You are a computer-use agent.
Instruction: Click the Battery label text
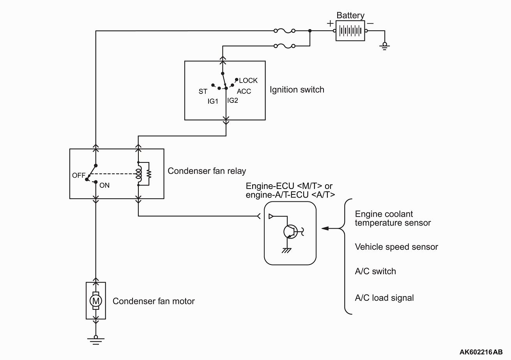click(350, 16)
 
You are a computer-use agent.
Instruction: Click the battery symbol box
click(350, 31)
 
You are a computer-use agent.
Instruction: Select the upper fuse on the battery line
click(285, 30)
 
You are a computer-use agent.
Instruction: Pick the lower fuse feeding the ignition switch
click(285, 46)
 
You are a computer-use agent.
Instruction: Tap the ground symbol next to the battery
click(385, 46)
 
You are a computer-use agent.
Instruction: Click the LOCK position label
click(248, 81)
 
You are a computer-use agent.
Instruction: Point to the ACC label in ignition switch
click(244, 92)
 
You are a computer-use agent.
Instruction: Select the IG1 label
click(213, 101)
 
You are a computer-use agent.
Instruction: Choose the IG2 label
click(233, 101)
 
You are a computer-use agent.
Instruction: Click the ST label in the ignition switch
click(203, 92)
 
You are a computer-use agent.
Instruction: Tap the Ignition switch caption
click(297, 90)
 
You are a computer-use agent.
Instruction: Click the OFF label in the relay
click(79, 175)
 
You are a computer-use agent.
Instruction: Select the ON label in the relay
click(104, 185)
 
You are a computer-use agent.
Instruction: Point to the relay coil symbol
click(139, 174)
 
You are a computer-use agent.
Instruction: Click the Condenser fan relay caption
click(207, 171)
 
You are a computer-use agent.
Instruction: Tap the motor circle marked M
click(96, 301)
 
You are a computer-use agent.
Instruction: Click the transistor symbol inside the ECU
click(291, 232)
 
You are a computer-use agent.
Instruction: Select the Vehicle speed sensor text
click(396, 247)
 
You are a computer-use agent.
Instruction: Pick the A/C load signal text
click(384, 298)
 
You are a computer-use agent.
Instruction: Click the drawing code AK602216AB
click(481, 352)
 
